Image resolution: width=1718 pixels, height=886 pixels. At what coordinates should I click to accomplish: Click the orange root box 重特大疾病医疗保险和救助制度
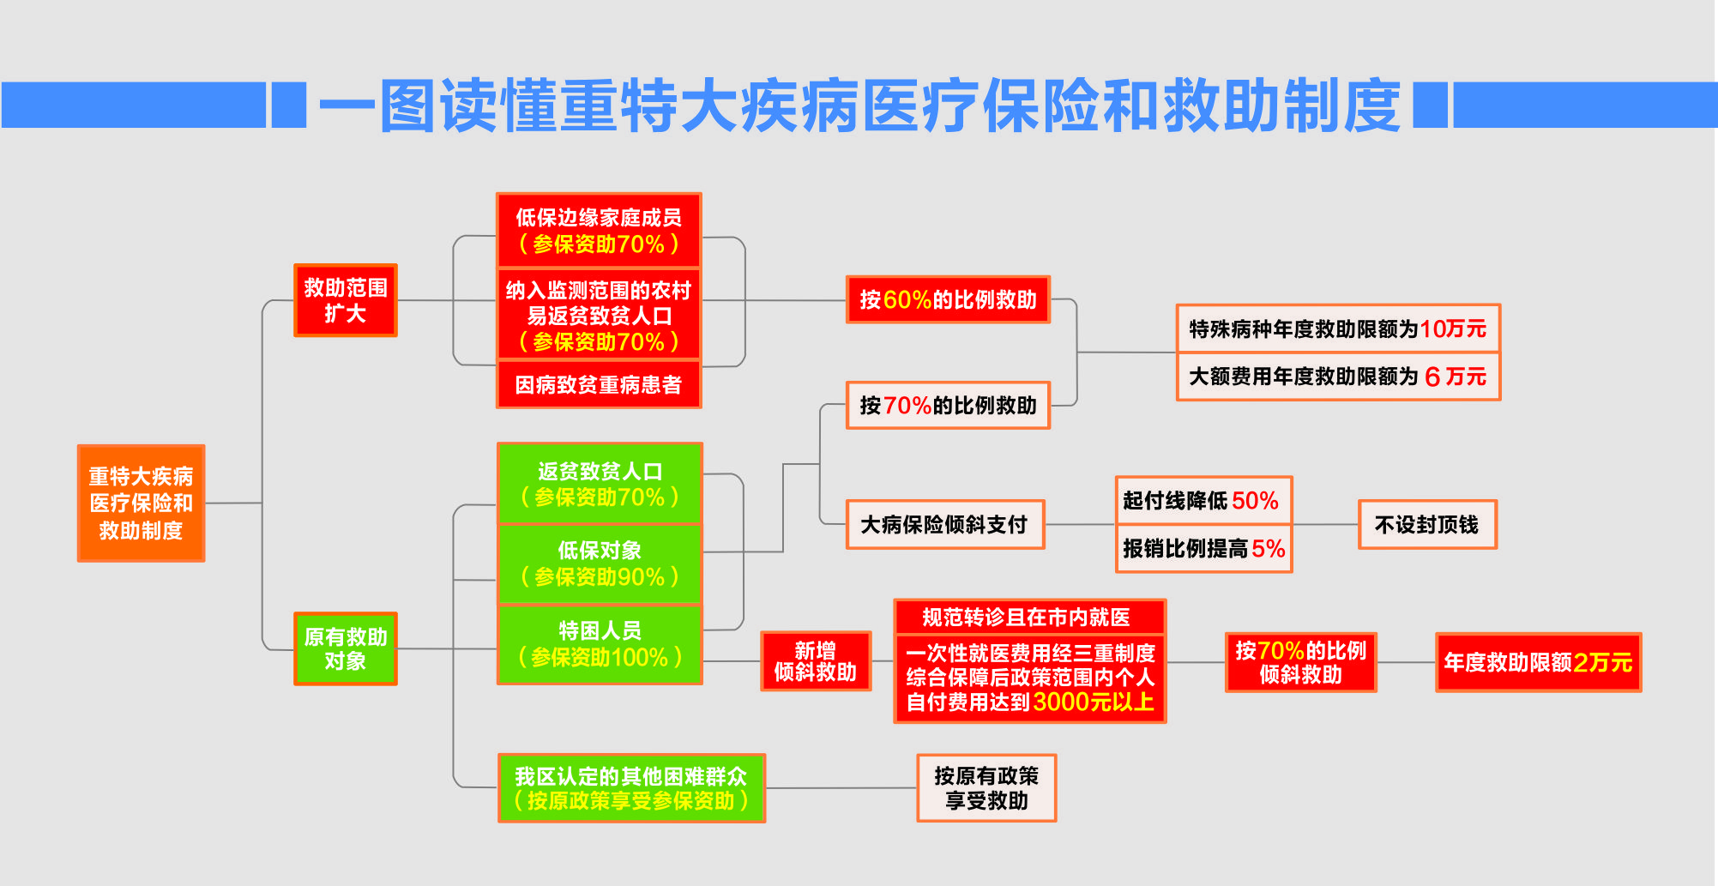141,503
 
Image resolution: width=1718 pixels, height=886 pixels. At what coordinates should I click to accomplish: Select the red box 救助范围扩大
345,300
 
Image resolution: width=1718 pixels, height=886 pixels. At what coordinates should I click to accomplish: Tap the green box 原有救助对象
345,648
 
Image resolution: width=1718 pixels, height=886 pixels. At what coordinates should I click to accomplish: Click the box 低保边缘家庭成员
599,230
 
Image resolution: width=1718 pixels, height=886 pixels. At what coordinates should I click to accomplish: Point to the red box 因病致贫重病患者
599,385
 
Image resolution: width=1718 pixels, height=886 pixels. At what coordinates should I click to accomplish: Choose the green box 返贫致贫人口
600,484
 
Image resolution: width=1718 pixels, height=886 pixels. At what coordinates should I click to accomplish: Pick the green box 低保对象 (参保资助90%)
600,564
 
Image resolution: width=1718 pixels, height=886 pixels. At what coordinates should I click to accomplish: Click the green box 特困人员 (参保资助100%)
600,644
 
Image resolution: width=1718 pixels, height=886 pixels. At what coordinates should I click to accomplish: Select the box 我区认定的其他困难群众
631,788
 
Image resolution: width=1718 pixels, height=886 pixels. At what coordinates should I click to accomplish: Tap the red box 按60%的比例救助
948,299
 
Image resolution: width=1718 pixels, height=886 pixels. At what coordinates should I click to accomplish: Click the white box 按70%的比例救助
948,405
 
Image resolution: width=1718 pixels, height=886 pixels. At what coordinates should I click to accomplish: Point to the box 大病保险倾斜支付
944,524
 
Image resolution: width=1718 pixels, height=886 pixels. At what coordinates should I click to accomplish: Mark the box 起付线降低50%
1203,500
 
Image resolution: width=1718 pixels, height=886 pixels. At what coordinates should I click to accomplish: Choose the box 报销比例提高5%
1203,548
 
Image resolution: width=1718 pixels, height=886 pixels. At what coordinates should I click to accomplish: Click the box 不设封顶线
1426,524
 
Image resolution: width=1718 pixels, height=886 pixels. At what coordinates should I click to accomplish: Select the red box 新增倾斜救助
815,661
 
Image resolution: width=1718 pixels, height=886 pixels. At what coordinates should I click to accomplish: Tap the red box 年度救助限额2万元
1538,662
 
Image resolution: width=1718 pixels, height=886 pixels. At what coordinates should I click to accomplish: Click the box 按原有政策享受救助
986,788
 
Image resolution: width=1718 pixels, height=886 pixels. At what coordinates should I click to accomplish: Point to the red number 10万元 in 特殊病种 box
1453,328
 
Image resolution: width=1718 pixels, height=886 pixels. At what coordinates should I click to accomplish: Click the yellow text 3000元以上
1094,702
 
